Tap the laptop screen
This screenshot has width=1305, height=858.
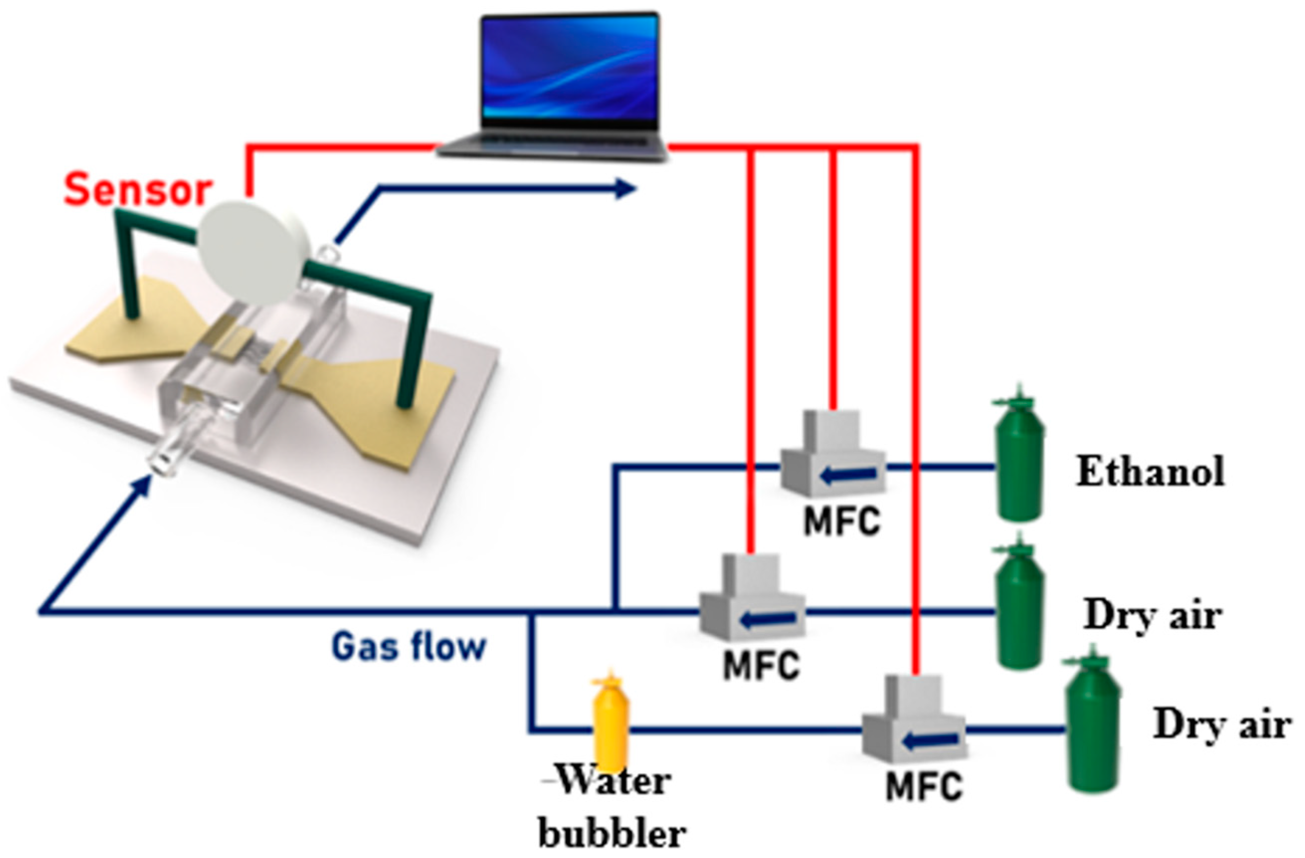click(x=570, y=69)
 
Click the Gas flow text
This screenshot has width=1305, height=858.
click(x=409, y=646)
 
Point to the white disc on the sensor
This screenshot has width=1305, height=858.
click(x=250, y=252)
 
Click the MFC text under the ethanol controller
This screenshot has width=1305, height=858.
click(x=841, y=521)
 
